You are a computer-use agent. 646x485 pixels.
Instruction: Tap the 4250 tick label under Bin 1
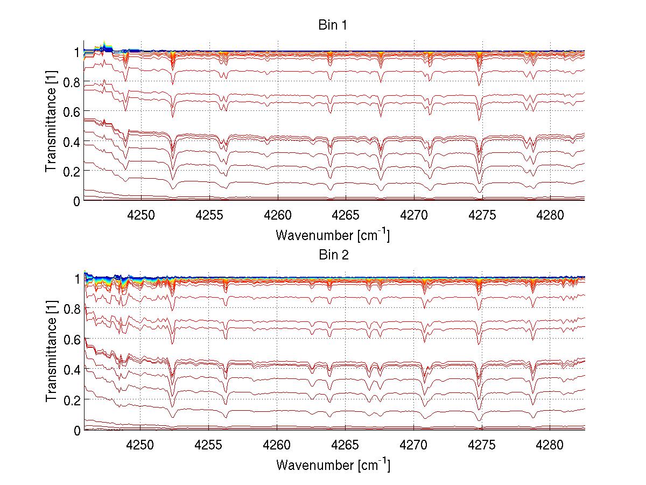[141, 215]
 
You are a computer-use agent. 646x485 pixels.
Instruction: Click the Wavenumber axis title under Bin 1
[333, 235]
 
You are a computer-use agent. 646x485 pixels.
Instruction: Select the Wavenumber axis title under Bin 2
[333, 465]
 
